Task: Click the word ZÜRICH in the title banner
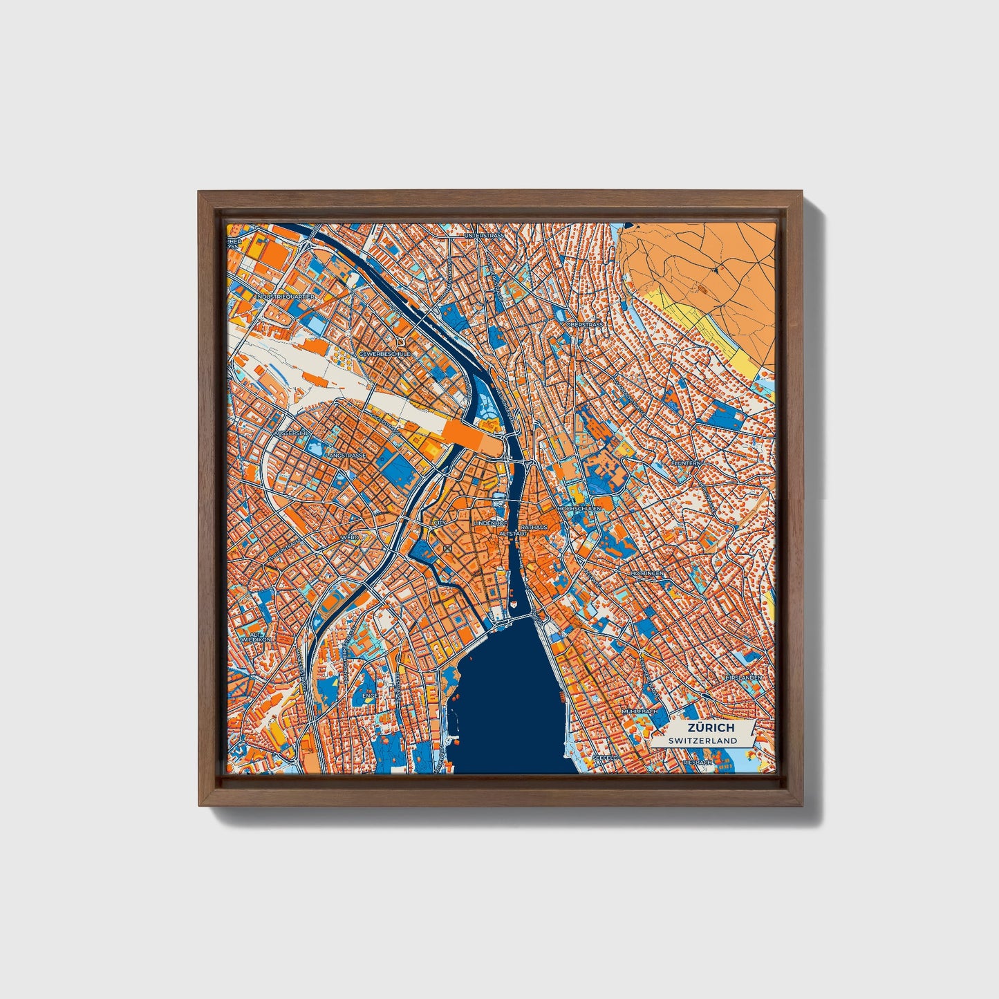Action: (x=711, y=728)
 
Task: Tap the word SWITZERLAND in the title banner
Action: (x=703, y=740)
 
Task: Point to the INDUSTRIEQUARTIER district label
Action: (x=285, y=297)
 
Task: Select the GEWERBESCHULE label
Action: (x=384, y=353)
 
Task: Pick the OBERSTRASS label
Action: (x=584, y=324)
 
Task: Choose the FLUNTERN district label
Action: (x=686, y=463)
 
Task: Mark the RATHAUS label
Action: (x=533, y=527)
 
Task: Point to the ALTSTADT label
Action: (x=514, y=534)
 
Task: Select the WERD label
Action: (x=349, y=536)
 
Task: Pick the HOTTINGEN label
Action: (x=647, y=574)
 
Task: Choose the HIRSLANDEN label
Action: (x=743, y=678)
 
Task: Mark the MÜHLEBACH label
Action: (x=637, y=711)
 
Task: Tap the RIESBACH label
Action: (x=697, y=763)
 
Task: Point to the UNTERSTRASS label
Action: (x=486, y=236)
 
